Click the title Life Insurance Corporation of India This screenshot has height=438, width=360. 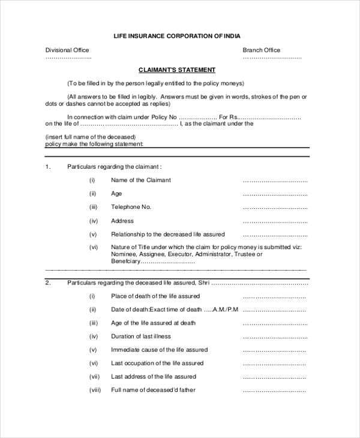point(176,36)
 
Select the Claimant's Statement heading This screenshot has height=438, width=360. point(177,70)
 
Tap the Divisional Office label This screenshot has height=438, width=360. point(67,50)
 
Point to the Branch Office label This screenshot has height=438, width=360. point(261,50)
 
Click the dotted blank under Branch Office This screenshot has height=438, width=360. point(272,58)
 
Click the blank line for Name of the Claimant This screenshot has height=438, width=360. point(275,181)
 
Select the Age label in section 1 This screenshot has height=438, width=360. point(116,194)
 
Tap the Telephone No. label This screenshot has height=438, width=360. point(131,207)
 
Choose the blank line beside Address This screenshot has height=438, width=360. point(275,221)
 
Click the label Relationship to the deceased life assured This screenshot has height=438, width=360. point(167,234)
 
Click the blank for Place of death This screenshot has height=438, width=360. point(274,297)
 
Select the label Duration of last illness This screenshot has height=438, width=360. point(141,337)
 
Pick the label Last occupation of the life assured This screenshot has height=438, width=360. point(157,363)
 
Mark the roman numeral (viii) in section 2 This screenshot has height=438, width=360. point(95,390)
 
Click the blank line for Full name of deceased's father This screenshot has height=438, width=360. point(274,391)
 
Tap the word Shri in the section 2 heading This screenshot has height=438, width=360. point(204,282)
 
